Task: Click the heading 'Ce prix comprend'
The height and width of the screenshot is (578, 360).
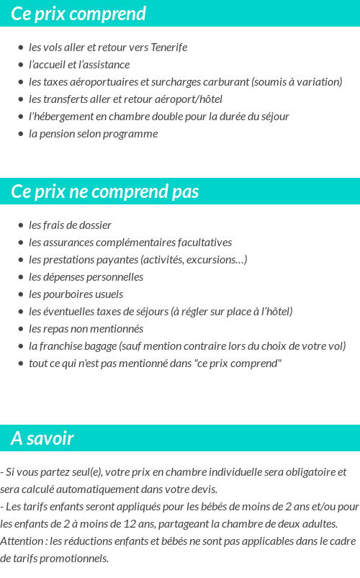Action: point(78,14)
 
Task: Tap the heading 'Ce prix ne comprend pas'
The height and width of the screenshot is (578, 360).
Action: point(105,192)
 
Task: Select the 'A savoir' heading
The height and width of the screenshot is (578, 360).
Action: point(42,438)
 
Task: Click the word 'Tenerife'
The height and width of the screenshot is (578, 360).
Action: point(168,48)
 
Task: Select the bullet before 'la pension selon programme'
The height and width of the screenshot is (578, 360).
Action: point(21,134)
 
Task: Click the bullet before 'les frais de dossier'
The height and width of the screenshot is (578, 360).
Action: point(21,225)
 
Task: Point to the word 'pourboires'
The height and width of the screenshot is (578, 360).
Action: point(69,294)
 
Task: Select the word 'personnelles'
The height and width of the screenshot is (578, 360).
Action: point(115,277)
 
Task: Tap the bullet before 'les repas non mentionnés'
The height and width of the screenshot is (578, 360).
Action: point(21,329)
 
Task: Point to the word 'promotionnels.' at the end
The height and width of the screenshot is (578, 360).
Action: point(76,558)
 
